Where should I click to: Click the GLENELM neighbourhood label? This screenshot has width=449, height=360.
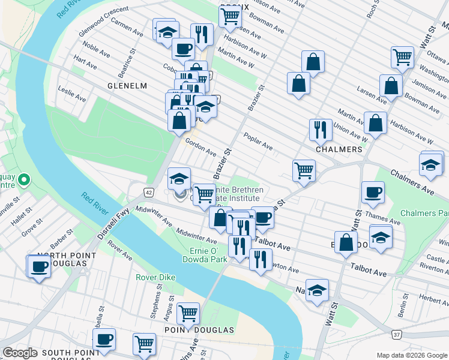(x=127, y=86)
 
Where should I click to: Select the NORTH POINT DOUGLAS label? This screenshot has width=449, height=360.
(x=59, y=260)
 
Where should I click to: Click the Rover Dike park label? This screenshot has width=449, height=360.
(x=154, y=277)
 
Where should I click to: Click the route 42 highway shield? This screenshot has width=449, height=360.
(x=148, y=191)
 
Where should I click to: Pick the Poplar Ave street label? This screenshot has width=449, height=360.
(x=258, y=143)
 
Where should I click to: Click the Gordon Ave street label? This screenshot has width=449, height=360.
(x=200, y=146)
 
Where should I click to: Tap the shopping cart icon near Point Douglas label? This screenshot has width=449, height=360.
(x=188, y=312)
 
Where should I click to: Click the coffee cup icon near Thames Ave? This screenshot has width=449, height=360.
(x=373, y=192)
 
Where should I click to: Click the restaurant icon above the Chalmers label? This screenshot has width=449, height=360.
(x=321, y=129)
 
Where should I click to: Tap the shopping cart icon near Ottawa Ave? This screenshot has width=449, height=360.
(x=403, y=58)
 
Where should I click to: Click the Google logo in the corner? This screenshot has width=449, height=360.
(x=20, y=353)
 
